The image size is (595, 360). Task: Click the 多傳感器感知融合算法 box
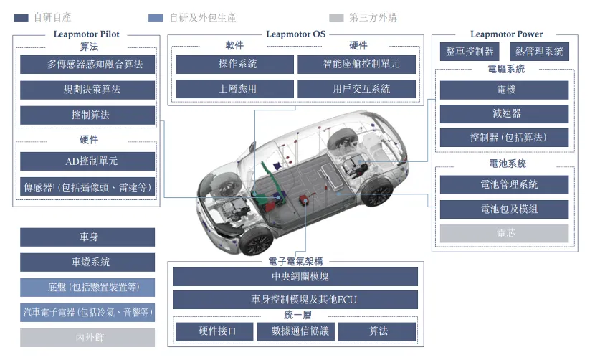tap(87, 64)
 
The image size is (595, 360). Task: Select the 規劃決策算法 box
tap(87, 90)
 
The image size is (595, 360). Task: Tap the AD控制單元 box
tap(87, 161)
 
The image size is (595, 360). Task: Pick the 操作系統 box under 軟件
tap(234, 64)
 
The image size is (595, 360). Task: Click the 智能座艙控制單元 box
tap(357, 64)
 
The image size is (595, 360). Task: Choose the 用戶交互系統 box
tap(357, 89)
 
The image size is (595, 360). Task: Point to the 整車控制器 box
tap(470, 52)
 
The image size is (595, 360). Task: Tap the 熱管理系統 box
tap(539, 52)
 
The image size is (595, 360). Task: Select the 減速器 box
tap(504, 113)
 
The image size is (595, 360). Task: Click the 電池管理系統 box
tap(504, 185)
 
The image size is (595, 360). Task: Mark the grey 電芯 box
tap(504, 233)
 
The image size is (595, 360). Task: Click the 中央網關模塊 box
tap(295, 277)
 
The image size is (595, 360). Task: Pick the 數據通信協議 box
tap(295, 331)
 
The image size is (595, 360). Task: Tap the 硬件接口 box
tap(214, 331)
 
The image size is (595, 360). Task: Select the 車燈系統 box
tap(87, 262)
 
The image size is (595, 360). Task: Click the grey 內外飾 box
tap(87, 338)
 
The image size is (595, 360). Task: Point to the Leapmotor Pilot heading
tap(87, 34)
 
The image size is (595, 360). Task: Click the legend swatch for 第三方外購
tap(336, 18)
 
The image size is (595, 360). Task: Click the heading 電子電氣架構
tap(295, 261)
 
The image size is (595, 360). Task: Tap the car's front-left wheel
tap(256, 240)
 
